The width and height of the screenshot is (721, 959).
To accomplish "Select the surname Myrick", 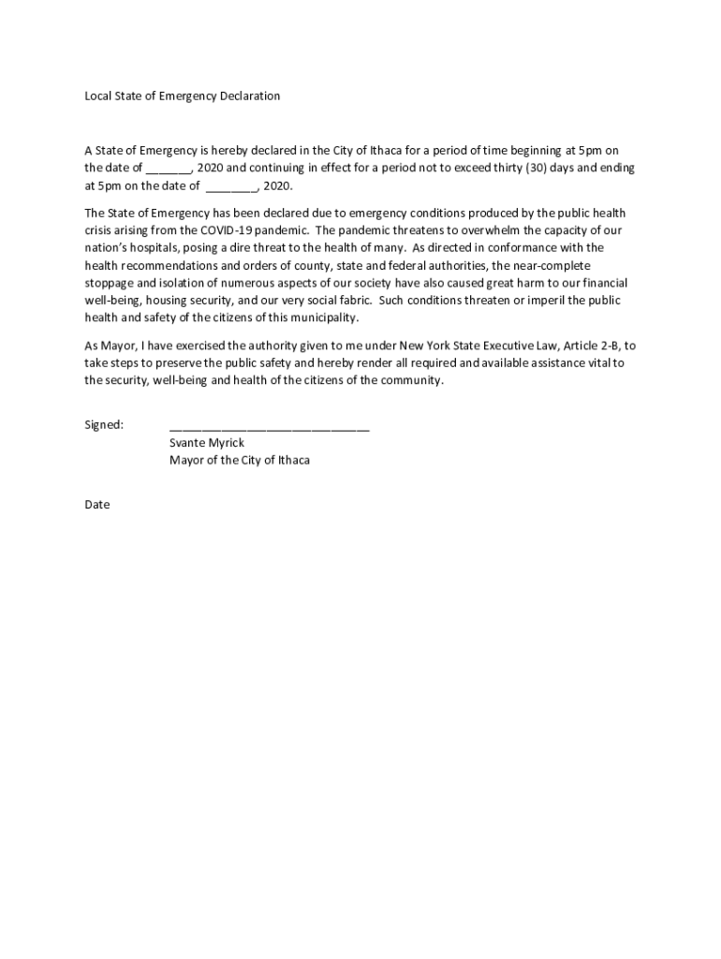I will point(228,443).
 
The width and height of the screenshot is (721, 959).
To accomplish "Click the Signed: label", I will point(104,425).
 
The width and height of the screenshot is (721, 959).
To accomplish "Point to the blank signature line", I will point(269,428).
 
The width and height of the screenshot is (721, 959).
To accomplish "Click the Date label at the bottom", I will point(97,505).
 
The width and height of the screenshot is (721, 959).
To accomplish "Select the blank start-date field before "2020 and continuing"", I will point(169,170).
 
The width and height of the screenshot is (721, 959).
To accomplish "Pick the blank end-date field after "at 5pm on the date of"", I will point(231,187).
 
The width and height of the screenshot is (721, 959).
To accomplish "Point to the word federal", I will point(395,266).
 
